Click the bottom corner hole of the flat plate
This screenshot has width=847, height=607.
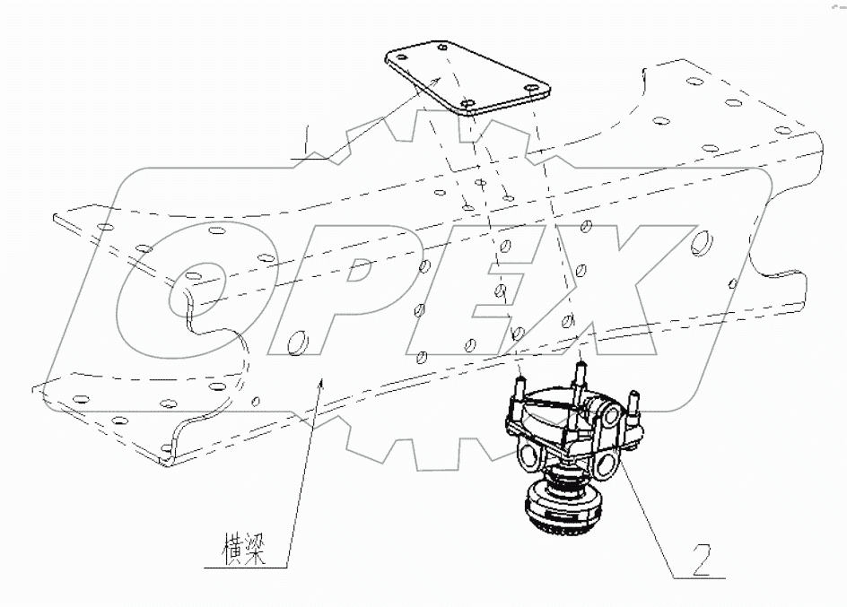[466, 106]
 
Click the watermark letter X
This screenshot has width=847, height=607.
[628, 287]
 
